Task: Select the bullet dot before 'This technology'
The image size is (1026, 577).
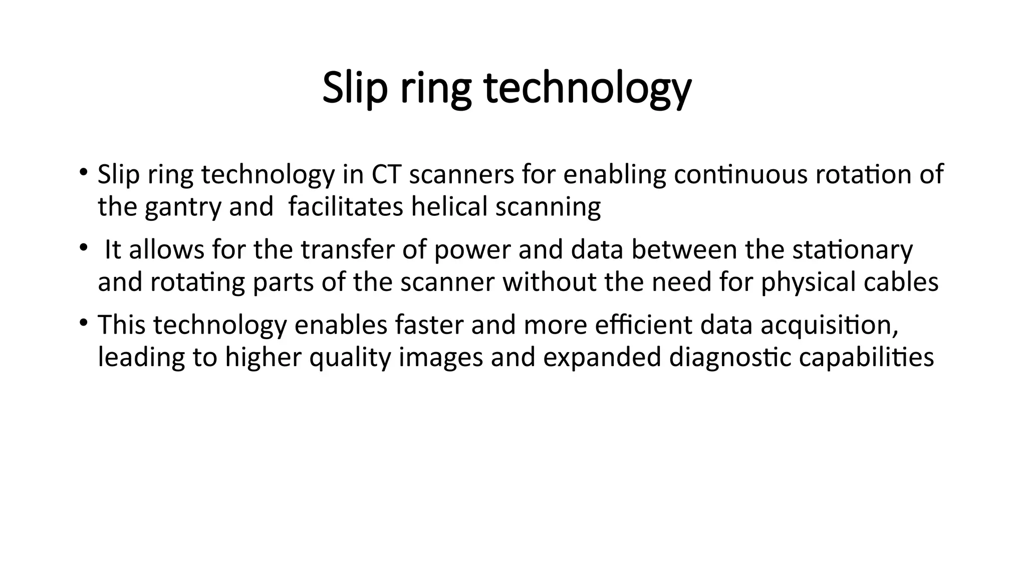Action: coord(83,322)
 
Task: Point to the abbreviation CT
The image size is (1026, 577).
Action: coord(386,174)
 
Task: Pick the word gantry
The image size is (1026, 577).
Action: coord(183,207)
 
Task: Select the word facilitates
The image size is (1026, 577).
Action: coord(346,207)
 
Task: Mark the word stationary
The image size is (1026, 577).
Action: coord(852,249)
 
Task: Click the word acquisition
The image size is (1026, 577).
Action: coord(829,325)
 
